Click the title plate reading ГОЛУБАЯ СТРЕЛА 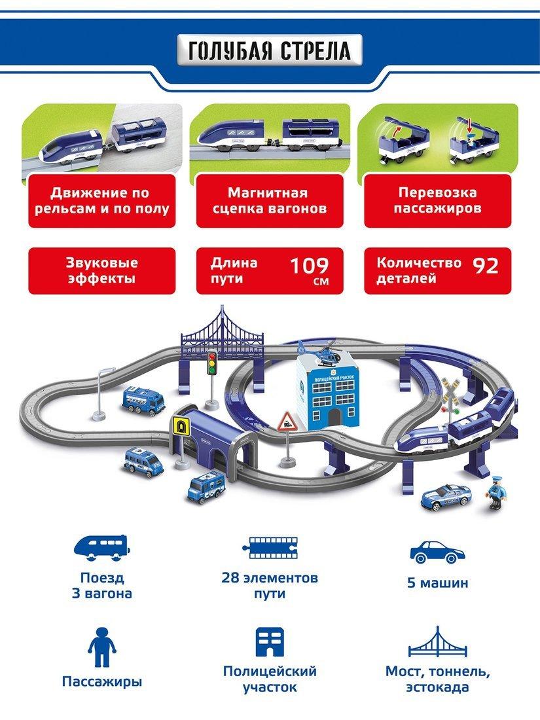tap(270, 50)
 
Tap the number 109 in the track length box tap(310, 266)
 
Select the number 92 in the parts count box tap(486, 266)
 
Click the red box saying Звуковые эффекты tap(102, 271)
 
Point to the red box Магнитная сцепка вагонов tap(270, 201)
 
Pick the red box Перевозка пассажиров tap(438, 201)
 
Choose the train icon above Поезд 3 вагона tap(102, 547)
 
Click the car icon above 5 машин tap(437, 552)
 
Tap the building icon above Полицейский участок tap(270, 642)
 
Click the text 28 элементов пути tap(270, 585)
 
